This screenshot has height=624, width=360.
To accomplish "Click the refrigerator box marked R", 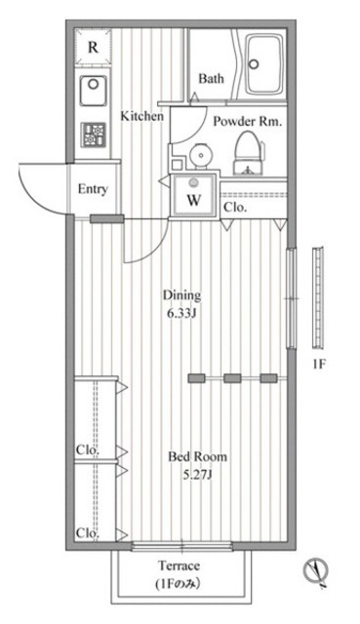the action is (x=93, y=47).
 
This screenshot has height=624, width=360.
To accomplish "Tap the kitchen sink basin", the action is (x=93, y=91).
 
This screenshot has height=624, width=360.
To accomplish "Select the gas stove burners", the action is (x=94, y=135).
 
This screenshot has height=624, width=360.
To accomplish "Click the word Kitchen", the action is (x=142, y=116).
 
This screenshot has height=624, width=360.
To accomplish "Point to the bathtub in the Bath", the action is (x=264, y=64).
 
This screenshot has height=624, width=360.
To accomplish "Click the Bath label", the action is (x=211, y=78).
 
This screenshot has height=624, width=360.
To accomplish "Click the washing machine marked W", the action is (x=194, y=196).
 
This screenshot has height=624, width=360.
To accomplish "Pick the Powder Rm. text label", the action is (x=248, y=121).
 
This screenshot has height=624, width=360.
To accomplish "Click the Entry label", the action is (x=93, y=188).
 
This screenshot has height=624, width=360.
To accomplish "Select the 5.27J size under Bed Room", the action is (x=197, y=474).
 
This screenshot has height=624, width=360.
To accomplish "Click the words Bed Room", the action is (x=197, y=456).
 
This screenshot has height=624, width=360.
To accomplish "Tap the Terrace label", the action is (x=180, y=565).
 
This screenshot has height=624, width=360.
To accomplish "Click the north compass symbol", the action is (x=315, y=571).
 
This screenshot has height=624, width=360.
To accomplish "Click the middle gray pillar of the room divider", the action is (x=232, y=378).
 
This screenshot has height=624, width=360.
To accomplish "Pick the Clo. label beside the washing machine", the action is (x=235, y=208).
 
